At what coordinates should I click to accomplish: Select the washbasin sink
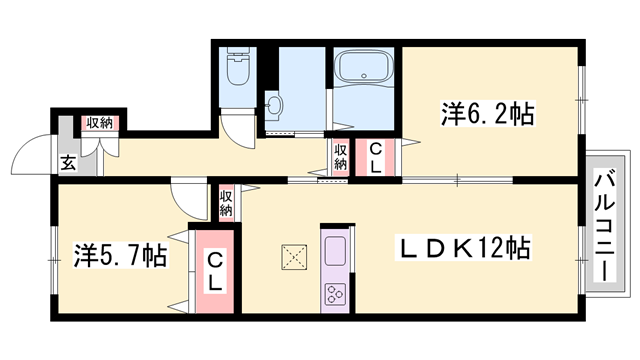pyautogui.click(x=273, y=106)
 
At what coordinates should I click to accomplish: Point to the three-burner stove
pyautogui.click(x=336, y=294)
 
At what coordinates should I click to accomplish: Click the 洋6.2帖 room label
pyautogui.click(x=487, y=114)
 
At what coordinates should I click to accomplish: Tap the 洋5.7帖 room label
pyautogui.click(x=120, y=255)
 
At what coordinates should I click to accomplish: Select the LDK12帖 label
pyautogui.click(x=464, y=247)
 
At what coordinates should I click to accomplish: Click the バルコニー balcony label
pyautogui.click(x=605, y=225)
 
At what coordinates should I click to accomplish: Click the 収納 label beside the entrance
pyautogui.click(x=100, y=123)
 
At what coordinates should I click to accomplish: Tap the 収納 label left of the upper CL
pyautogui.click(x=341, y=157)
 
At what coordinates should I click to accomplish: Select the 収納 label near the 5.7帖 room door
pyautogui.click(x=226, y=203)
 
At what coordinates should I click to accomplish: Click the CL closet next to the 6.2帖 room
pyautogui.click(x=376, y=158)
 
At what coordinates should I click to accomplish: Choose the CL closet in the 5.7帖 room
pyautogui.click(x=215, y=271)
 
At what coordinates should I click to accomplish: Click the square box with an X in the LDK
pyautogui.click(x=294, y=257)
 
